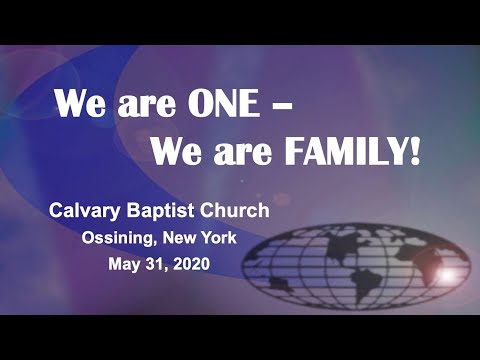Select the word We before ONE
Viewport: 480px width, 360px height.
coord(79,103)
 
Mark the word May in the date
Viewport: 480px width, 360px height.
coord(126,266)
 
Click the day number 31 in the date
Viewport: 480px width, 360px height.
coord(162,266)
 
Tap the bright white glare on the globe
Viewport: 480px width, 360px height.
coord(446,272)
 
